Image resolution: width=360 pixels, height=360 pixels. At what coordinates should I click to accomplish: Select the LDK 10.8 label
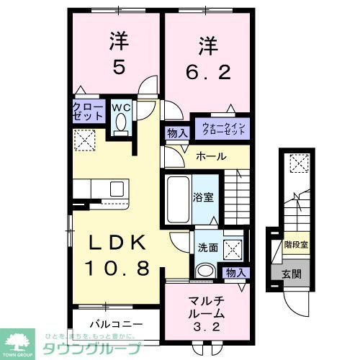(x=119, y=255)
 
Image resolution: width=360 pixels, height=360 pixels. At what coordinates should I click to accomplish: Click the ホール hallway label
(x=211, y=156)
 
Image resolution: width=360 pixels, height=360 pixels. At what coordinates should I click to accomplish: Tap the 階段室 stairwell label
(x=295, y=245)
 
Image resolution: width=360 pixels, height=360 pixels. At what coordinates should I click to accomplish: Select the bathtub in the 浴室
(x=178, y=194)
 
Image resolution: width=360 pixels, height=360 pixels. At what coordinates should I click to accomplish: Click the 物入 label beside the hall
(x=176, y=132)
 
